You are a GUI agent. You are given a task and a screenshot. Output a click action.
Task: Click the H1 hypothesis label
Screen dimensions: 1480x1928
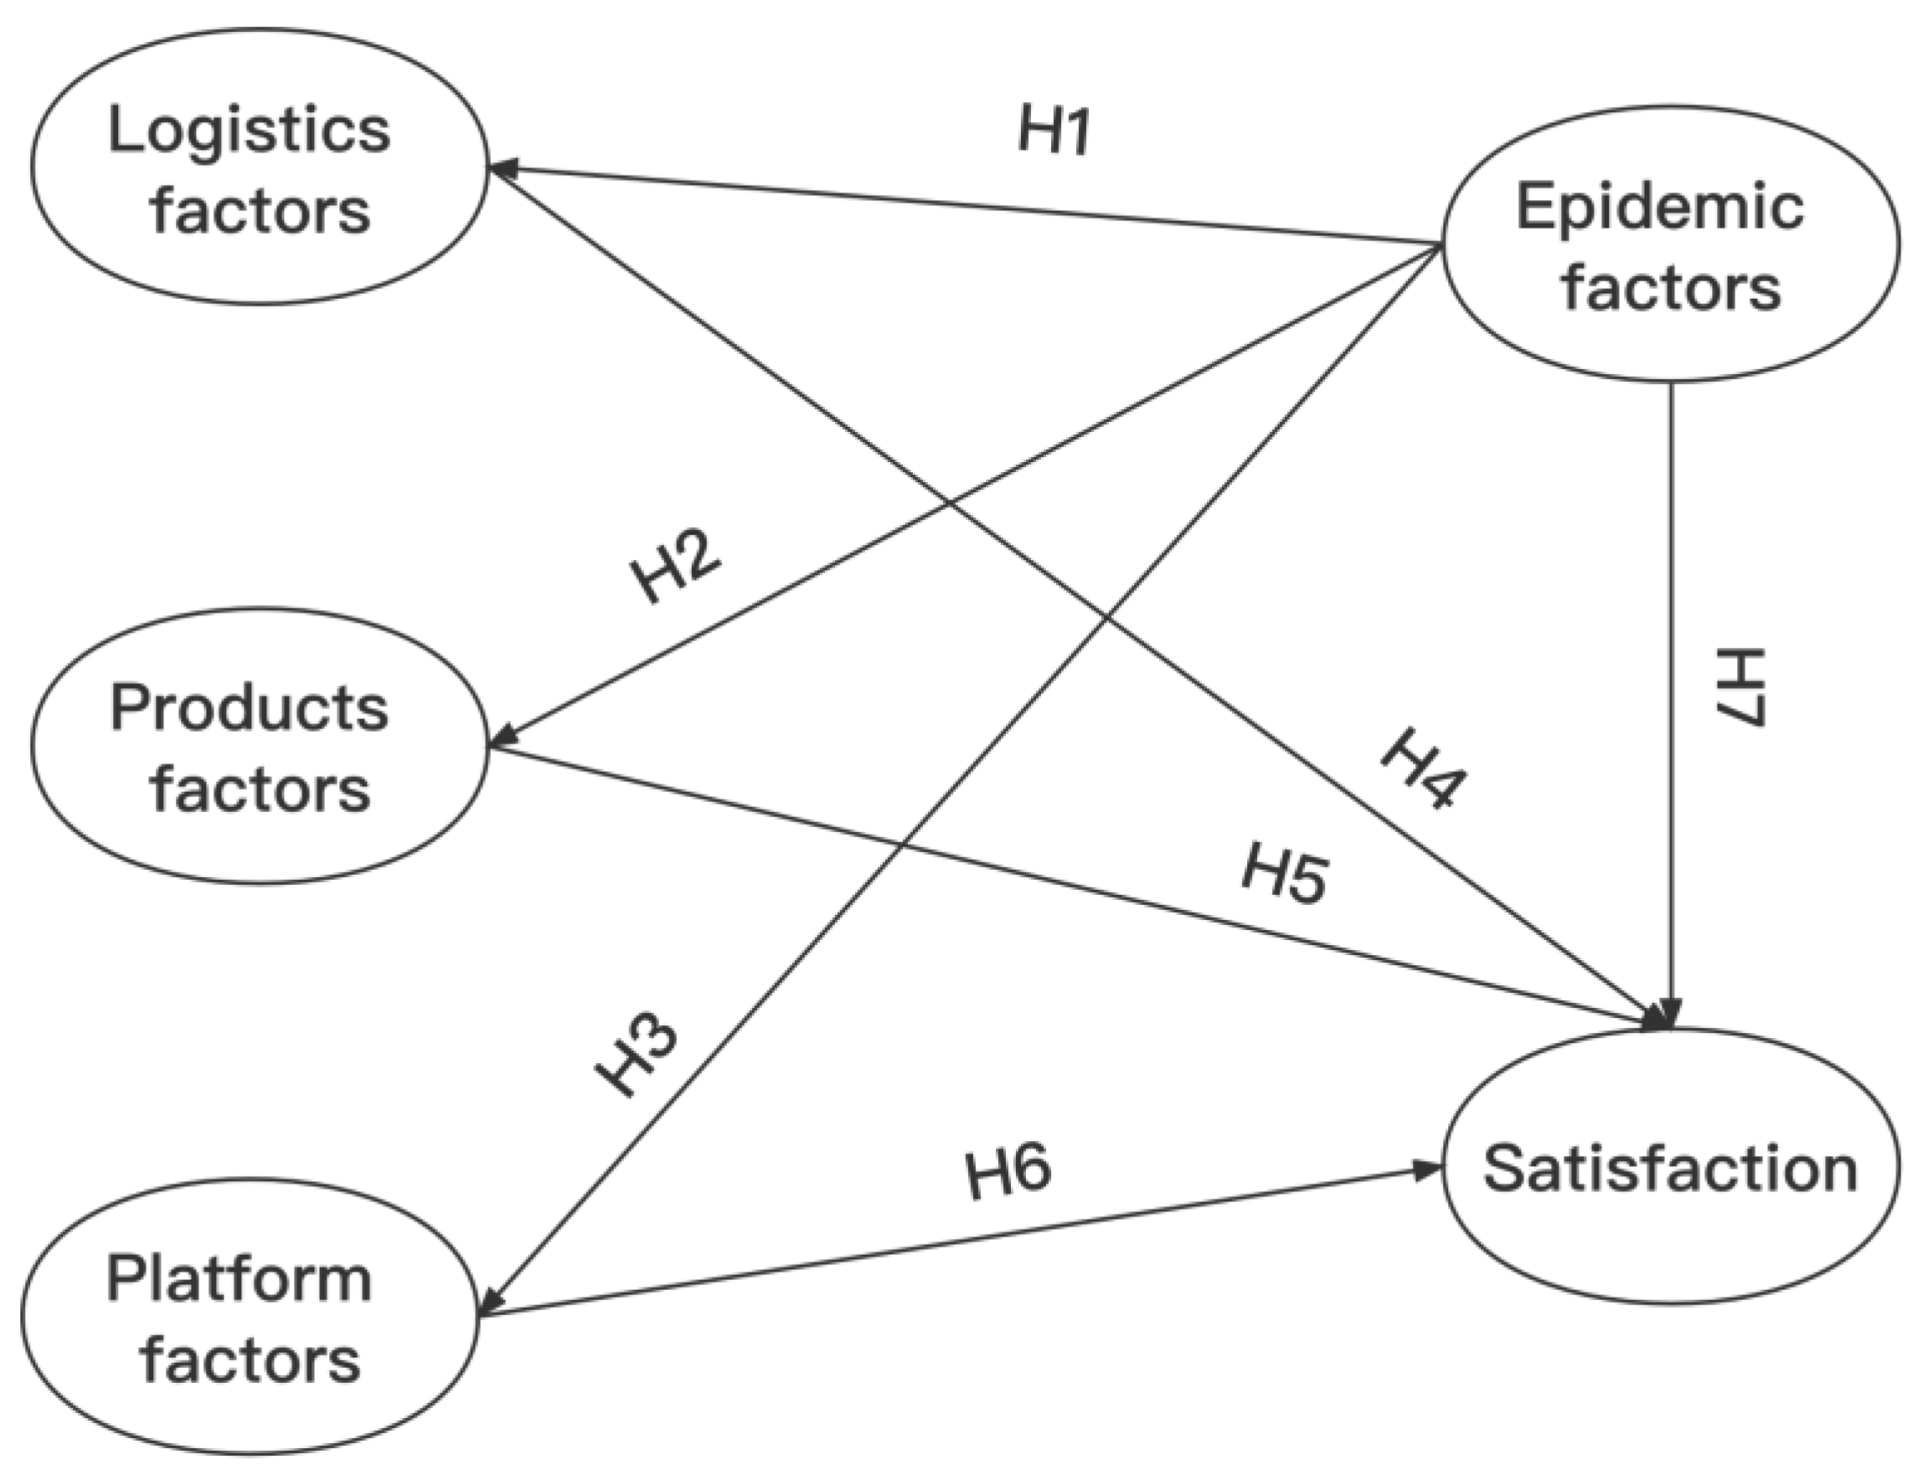(x=1054, y=131)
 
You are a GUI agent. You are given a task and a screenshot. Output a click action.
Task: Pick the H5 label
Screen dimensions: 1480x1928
(x=1284, y=874)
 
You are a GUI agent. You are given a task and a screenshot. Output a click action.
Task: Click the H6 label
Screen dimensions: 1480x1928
(x=1008, y=1174)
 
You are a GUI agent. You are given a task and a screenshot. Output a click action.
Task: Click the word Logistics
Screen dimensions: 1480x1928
(x=250, y=131)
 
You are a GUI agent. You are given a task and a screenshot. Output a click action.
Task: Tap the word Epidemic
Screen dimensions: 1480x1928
(x=1659, y=208)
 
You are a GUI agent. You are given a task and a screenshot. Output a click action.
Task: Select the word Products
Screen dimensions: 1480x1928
(x=250, y=708)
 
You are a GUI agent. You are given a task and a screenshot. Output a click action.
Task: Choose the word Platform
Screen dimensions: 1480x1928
(x=239, y=1279)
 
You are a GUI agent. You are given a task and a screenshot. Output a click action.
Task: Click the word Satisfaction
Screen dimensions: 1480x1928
(x=1670, y=1170)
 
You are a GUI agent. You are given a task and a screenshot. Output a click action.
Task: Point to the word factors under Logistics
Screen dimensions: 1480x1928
(x=260, y=212)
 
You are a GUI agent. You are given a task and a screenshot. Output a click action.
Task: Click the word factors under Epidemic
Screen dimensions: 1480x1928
(x=1671, y=288)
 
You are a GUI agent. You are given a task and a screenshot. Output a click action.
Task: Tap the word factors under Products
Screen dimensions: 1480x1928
(x=260, y=789)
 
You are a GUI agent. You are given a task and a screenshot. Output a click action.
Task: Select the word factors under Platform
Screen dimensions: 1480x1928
(x=250, y=1360)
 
